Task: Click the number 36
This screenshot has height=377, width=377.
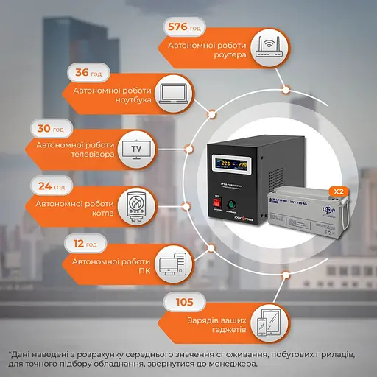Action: [x=83, y=74]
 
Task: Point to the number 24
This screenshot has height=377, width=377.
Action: [x=45, y=186]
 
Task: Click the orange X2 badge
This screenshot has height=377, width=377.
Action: [x=339, y=191]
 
